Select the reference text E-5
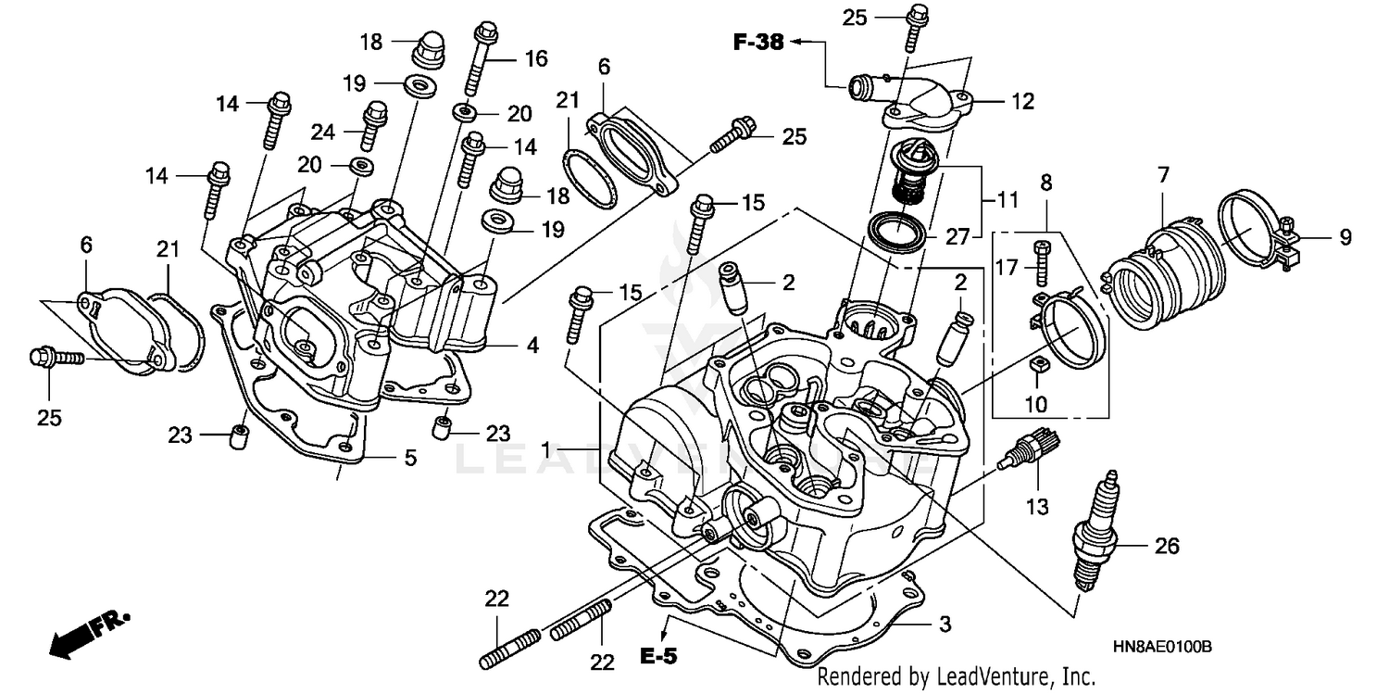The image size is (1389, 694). (x=658, y=657)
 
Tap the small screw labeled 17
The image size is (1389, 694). (x=1041, y=262)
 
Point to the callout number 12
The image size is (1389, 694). (x=1021, y=102)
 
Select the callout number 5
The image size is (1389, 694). (x=409, y=458)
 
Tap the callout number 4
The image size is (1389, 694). (x=532, y=346)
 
